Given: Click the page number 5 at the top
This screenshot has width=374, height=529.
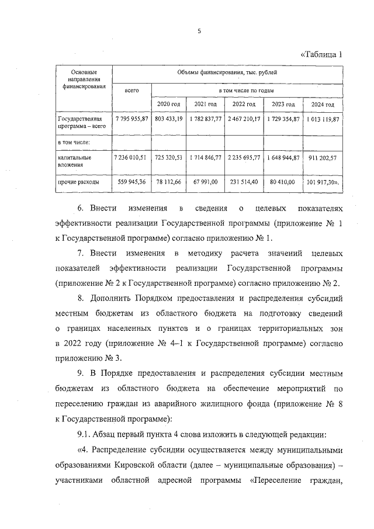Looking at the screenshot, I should pos(199,32).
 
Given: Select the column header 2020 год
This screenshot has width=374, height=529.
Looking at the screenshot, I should pos(169,104).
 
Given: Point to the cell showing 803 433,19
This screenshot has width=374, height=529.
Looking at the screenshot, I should pos(169,119).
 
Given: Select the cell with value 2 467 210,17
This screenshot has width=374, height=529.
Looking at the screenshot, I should pos(244,119).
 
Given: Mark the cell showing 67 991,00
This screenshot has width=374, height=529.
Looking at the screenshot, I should pos(206,182).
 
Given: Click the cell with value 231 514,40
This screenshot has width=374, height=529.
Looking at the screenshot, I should pos(244,182).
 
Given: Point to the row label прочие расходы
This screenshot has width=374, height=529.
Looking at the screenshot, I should pos(78,182).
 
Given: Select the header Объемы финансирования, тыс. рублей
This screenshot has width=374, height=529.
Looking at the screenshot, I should pos(227,72).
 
